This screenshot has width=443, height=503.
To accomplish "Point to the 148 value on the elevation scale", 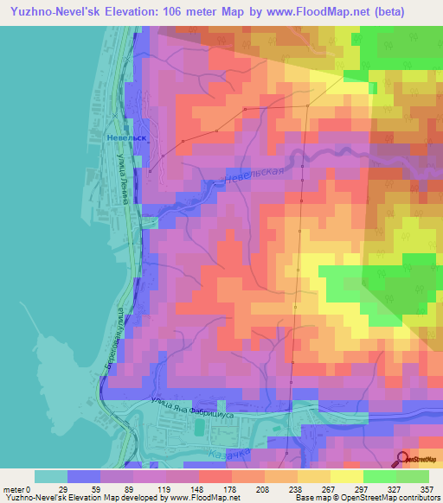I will point(196,488).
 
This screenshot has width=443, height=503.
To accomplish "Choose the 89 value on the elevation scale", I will point(130,488).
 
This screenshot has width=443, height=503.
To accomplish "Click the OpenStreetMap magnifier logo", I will point(402,459).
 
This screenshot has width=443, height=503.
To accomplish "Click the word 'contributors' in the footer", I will point(416,498).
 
